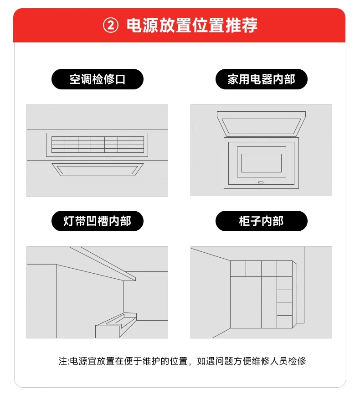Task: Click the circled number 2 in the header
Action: tap(111, 26)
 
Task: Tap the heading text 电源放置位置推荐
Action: tap(192, 26)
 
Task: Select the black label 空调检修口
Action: tap(97, 79)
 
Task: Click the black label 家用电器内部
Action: tap(262, 79)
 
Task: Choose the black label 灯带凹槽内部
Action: tap(97, 221)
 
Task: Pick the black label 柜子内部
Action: tap(262, 221)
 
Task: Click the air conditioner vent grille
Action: tap(97, 145)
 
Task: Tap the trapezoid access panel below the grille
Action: tap(98, 170)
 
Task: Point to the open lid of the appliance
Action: tap(261, 124)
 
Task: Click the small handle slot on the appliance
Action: tap(261, 182)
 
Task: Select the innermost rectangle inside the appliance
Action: tap(261, 163)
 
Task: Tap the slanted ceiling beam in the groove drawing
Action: tap(103, 263)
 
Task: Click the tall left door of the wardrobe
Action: tap(246, 302)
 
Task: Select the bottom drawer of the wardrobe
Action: tap(284, 322)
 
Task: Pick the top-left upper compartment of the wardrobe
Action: tap(238, 269)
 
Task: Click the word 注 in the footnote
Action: tap(63, 361)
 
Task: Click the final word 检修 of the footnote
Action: tap(297, 361)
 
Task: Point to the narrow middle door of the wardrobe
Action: tap(269, 302)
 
